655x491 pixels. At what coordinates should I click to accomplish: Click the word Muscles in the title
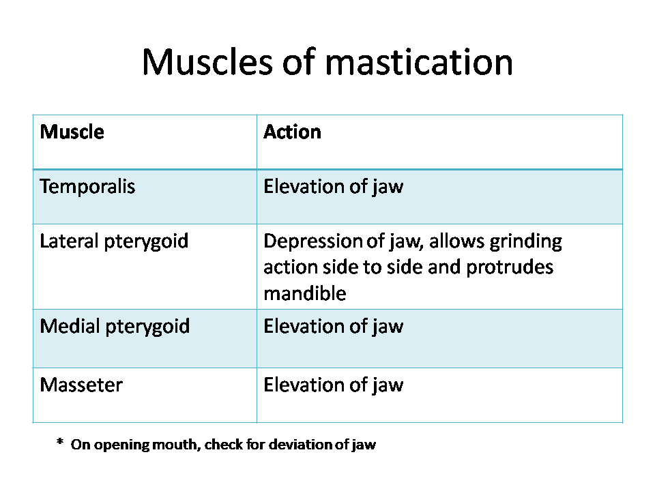(207, 62)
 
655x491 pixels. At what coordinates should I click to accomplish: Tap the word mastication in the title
(418, 62)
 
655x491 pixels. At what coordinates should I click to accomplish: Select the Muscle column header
(72, 132)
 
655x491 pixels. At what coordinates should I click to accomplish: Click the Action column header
(293, 132)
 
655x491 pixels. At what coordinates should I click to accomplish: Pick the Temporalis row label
(87, 187)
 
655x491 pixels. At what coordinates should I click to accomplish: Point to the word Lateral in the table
(69, 241)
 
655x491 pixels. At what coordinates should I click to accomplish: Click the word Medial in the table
(70, 326)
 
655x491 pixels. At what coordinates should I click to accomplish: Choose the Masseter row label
(81, 385)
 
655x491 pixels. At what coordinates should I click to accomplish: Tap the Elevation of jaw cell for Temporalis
(334, 187)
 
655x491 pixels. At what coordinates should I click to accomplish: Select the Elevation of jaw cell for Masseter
(334, 385)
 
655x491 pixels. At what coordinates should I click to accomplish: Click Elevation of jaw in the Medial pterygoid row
(334, 327)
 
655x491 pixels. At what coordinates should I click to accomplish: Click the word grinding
(525, 241)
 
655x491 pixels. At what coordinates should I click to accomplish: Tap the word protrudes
(510, 267)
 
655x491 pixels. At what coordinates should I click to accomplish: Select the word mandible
(305, 293)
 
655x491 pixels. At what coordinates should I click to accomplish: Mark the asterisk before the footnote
(60, 442)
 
